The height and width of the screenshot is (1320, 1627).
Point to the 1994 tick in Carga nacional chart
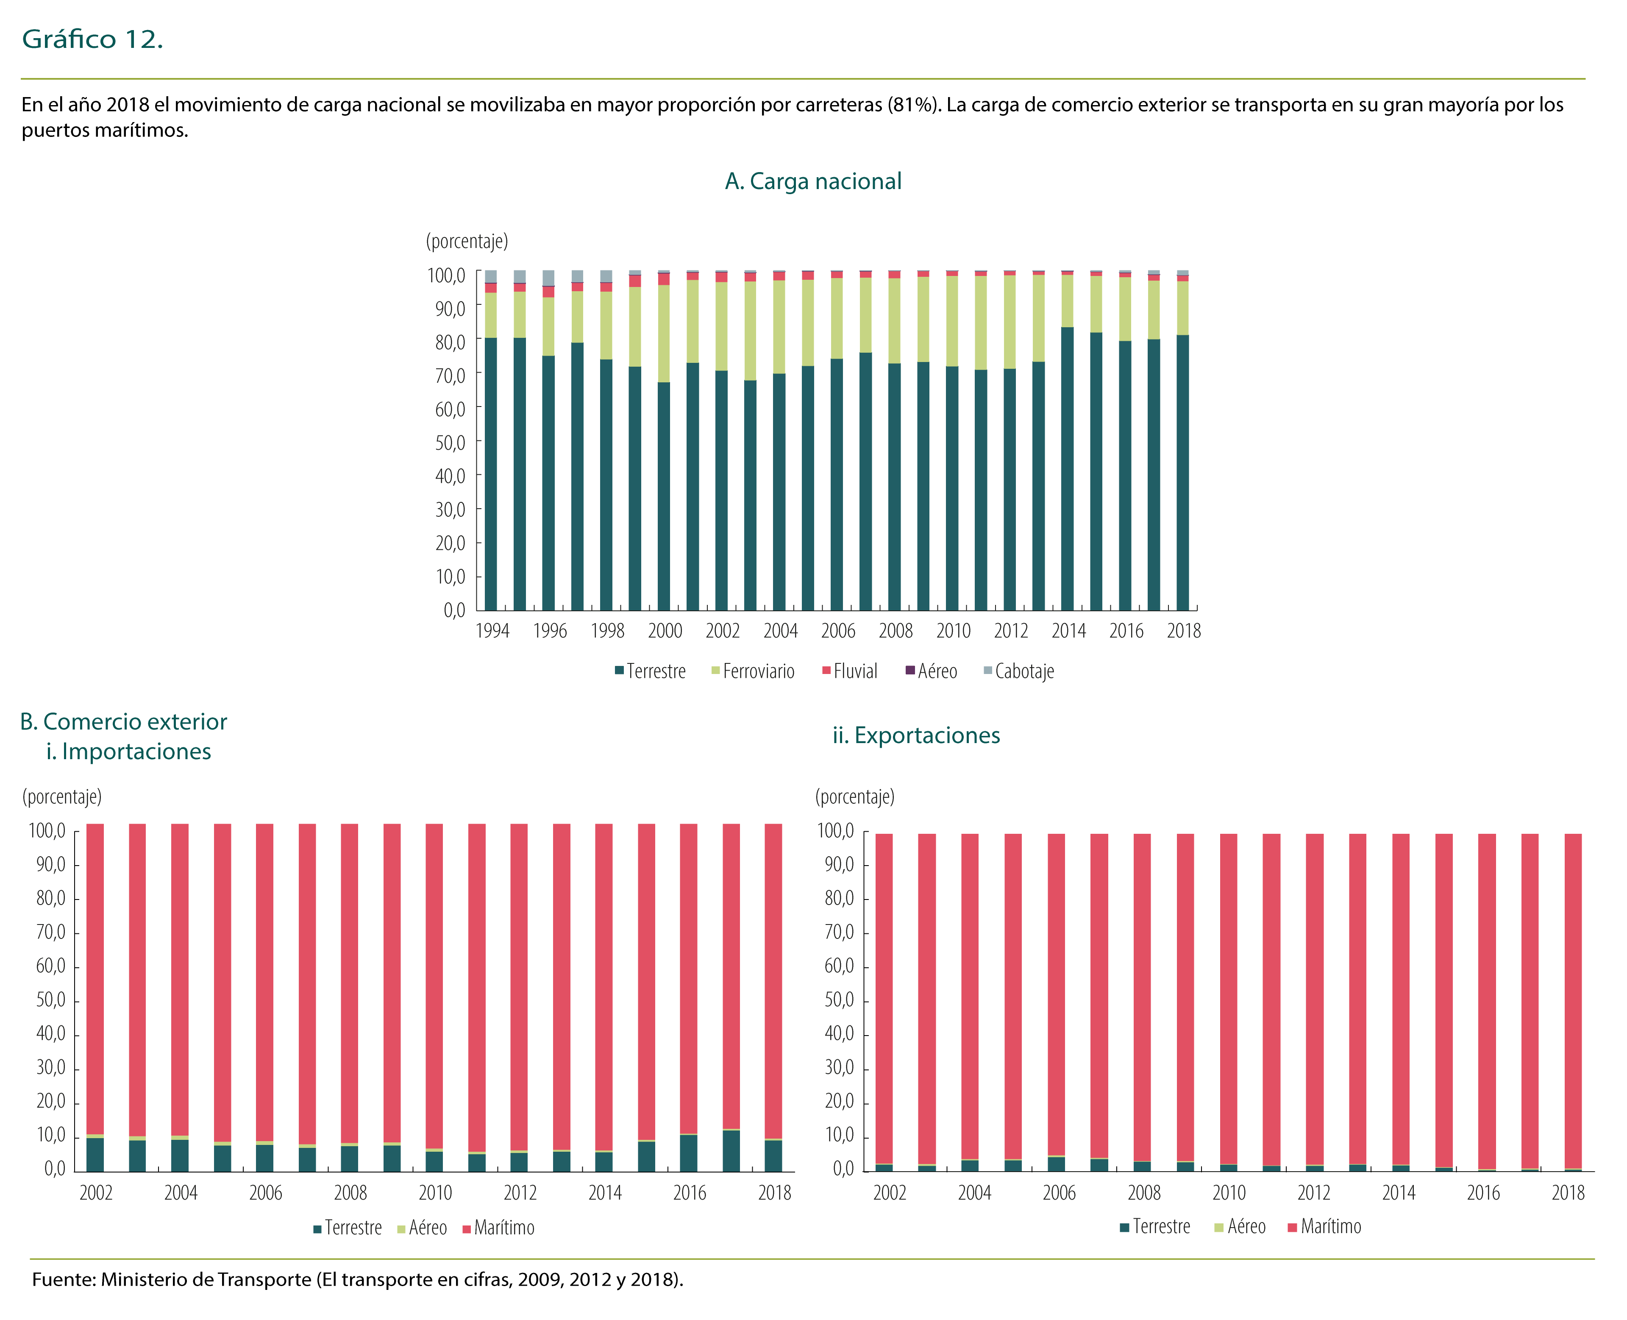point(492,631)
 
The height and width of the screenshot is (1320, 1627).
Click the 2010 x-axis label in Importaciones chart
point(435,1193)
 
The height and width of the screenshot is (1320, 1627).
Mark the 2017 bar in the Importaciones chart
point(731,989)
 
